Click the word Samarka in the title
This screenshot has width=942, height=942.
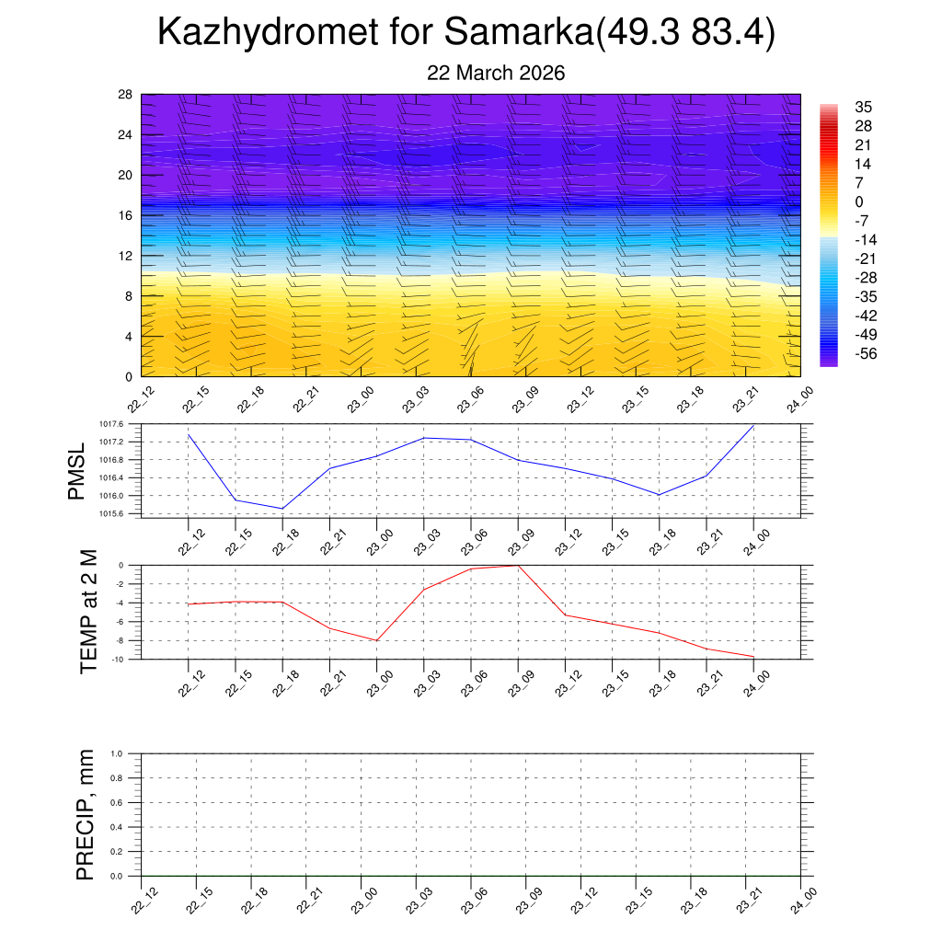(519, 32)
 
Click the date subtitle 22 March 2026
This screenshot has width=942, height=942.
(496, 73)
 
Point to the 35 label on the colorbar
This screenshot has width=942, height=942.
(863, 107)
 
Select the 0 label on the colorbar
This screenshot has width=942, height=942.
(859, 201)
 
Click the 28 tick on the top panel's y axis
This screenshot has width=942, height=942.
(126, 95)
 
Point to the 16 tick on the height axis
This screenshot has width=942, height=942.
(126, 215)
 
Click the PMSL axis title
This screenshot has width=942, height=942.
(76, 471)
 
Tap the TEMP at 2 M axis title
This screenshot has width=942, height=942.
(88, 611)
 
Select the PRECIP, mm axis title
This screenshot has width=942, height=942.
(86, 814)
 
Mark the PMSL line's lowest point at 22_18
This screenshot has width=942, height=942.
(282, 509)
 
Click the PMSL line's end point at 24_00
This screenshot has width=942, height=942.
(754, 425)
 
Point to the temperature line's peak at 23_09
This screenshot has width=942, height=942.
(518, 566)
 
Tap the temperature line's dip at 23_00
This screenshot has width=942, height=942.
(376, 640)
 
